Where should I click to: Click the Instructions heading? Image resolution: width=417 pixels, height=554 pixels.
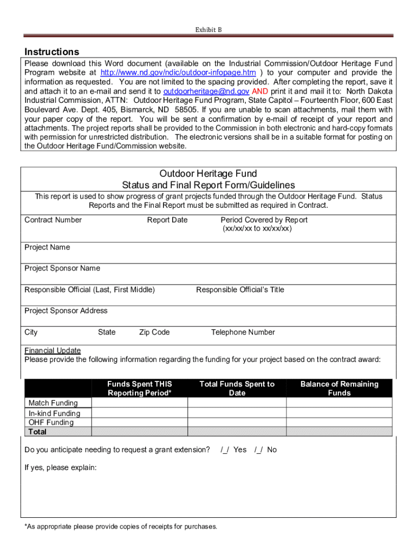point(52,52)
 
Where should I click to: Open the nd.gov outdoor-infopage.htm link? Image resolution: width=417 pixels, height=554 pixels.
point(178,72)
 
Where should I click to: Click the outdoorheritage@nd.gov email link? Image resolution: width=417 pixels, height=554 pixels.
point(206,91)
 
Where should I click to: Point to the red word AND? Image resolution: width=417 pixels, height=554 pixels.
point(259,91)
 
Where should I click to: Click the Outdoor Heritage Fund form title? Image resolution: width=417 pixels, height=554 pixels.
point(208,174)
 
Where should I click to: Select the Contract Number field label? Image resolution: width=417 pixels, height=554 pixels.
point(53,220)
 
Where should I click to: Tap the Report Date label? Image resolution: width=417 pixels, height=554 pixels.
point(167,220)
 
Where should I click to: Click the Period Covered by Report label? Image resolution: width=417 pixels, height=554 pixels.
point(264,220)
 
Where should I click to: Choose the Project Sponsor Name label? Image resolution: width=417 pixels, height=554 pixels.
point(62,268)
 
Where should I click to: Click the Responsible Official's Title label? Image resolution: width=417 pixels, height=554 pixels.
point(240,289)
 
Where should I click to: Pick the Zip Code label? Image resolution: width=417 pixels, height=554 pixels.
point(154,332)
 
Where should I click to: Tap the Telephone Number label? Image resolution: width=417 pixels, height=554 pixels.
point(243,332)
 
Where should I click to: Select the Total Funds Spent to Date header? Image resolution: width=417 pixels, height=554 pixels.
point(237,388)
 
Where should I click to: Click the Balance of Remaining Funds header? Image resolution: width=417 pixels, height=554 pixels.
point(339,388)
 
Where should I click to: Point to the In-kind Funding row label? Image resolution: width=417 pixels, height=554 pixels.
point(54,413)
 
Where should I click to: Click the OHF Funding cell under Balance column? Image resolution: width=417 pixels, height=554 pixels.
point(339,423)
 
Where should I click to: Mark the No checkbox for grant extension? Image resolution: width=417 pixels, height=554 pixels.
point(259,450)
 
